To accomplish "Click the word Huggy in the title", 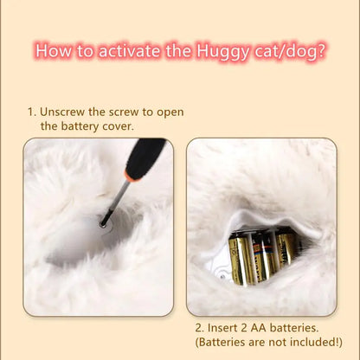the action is click(222, 52).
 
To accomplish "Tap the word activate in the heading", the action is click(130, 51).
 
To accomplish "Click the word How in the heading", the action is click(54, 51).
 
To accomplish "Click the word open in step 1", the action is click(170, 112).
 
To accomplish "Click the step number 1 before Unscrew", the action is click(31, 112).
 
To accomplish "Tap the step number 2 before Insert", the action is click(199, 328).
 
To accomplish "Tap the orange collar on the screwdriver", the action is click(132, 177).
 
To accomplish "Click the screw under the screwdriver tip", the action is click(102, 224).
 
